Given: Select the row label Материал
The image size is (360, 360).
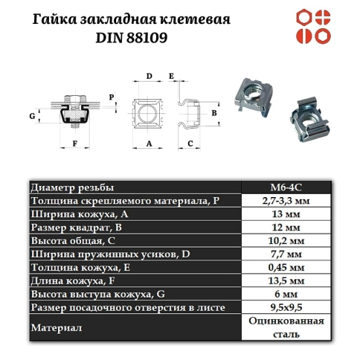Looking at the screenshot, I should click(57, 327).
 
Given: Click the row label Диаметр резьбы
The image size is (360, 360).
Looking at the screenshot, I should click(72, 187).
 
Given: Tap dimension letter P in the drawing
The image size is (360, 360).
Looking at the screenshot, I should click(112, 97).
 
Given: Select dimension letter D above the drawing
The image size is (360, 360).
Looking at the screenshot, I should click(149, 76).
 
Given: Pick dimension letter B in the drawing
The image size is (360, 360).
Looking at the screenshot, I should click(213, 112).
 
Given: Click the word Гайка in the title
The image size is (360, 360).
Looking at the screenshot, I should click(53, 17).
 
